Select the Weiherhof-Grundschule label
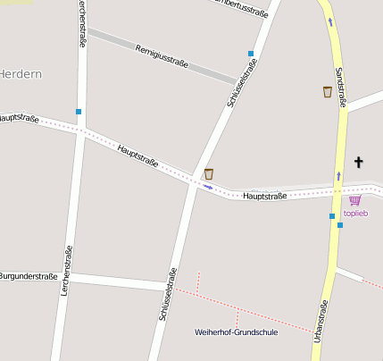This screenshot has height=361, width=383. (236, 332)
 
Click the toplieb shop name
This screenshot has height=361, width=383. (355, 213)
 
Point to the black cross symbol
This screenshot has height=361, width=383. (359, 162)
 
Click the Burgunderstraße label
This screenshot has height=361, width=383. (29, 277)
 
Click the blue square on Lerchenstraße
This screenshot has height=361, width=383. (79, 112)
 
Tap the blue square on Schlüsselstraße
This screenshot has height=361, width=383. (251, 54)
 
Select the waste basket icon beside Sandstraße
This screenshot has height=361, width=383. (328, 91)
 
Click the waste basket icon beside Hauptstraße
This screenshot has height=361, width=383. (209, 173)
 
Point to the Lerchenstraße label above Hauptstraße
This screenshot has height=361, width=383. (83, 25)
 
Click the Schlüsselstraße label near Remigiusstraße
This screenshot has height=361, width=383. (240, 87)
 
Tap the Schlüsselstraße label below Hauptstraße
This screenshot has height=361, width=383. (167, 294)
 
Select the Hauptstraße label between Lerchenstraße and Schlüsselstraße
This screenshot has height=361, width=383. (137, 155)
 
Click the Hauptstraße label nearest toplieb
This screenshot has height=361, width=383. (265, 196)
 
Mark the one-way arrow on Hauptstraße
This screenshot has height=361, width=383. (207, 188)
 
